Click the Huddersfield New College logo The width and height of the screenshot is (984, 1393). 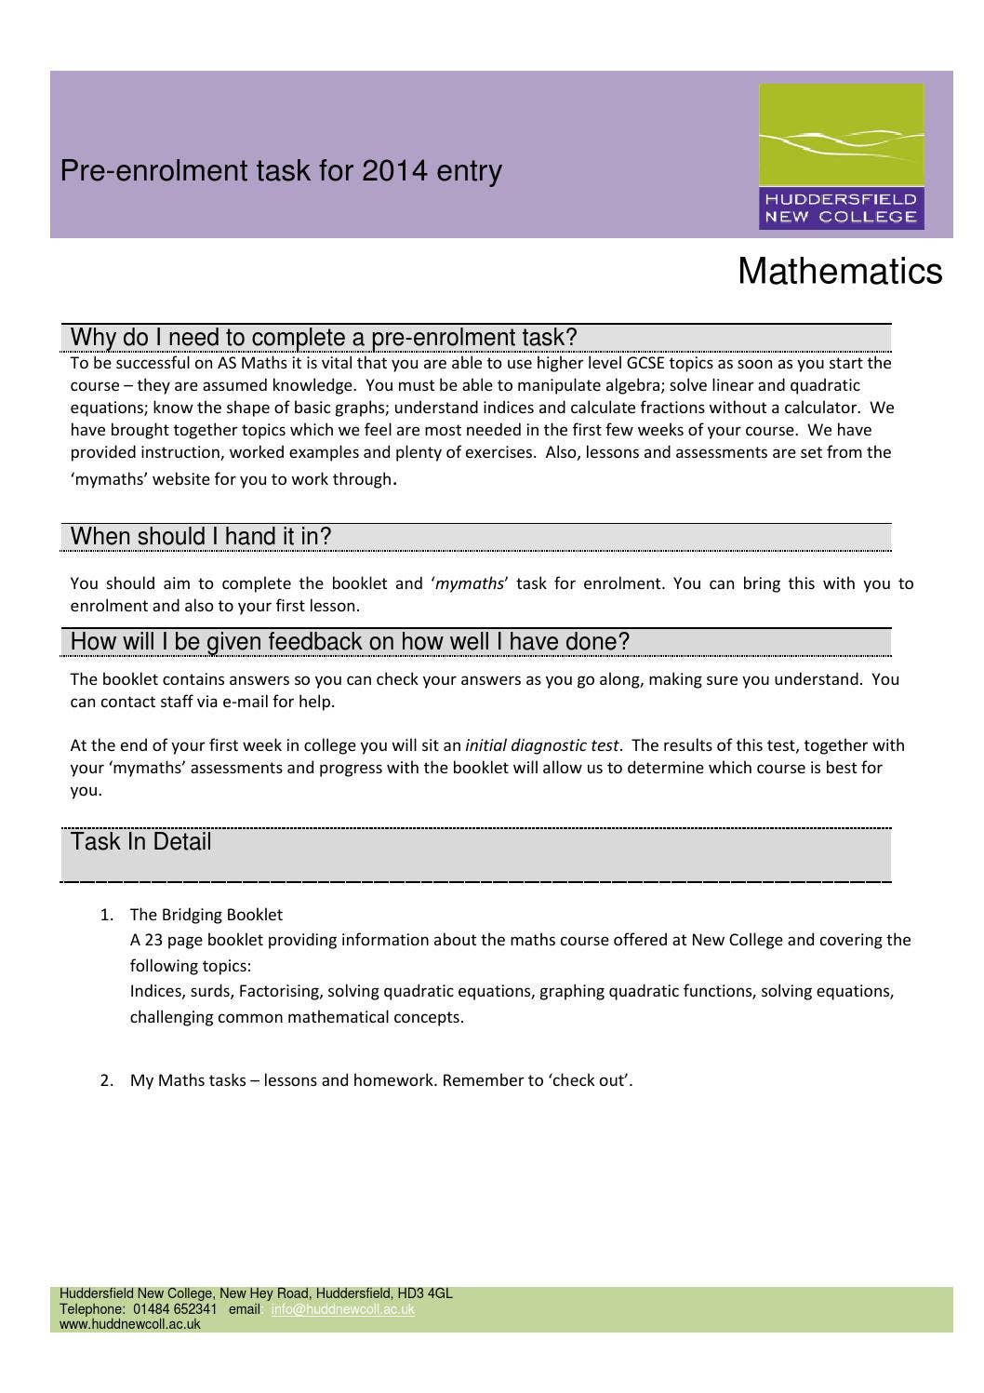pos(841,156)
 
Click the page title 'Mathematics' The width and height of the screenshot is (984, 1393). pos(839,272)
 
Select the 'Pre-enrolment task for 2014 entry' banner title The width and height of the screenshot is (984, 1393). pos(281,171)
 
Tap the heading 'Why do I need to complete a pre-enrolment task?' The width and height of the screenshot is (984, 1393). pos(324,337)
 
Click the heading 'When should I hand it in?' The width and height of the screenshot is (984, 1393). pos(201,537)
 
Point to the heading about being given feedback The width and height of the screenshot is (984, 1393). pos(350,642)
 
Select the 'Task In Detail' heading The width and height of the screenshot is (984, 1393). pos(141,842)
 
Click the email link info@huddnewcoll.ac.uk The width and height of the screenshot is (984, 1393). pos(342,1309)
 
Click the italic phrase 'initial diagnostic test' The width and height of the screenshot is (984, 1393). pos(541,745)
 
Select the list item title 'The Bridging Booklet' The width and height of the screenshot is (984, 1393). pos(206,915)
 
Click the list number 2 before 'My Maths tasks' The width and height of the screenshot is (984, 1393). pos(106,1080)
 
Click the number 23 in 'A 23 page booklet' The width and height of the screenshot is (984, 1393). pos(153,940)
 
